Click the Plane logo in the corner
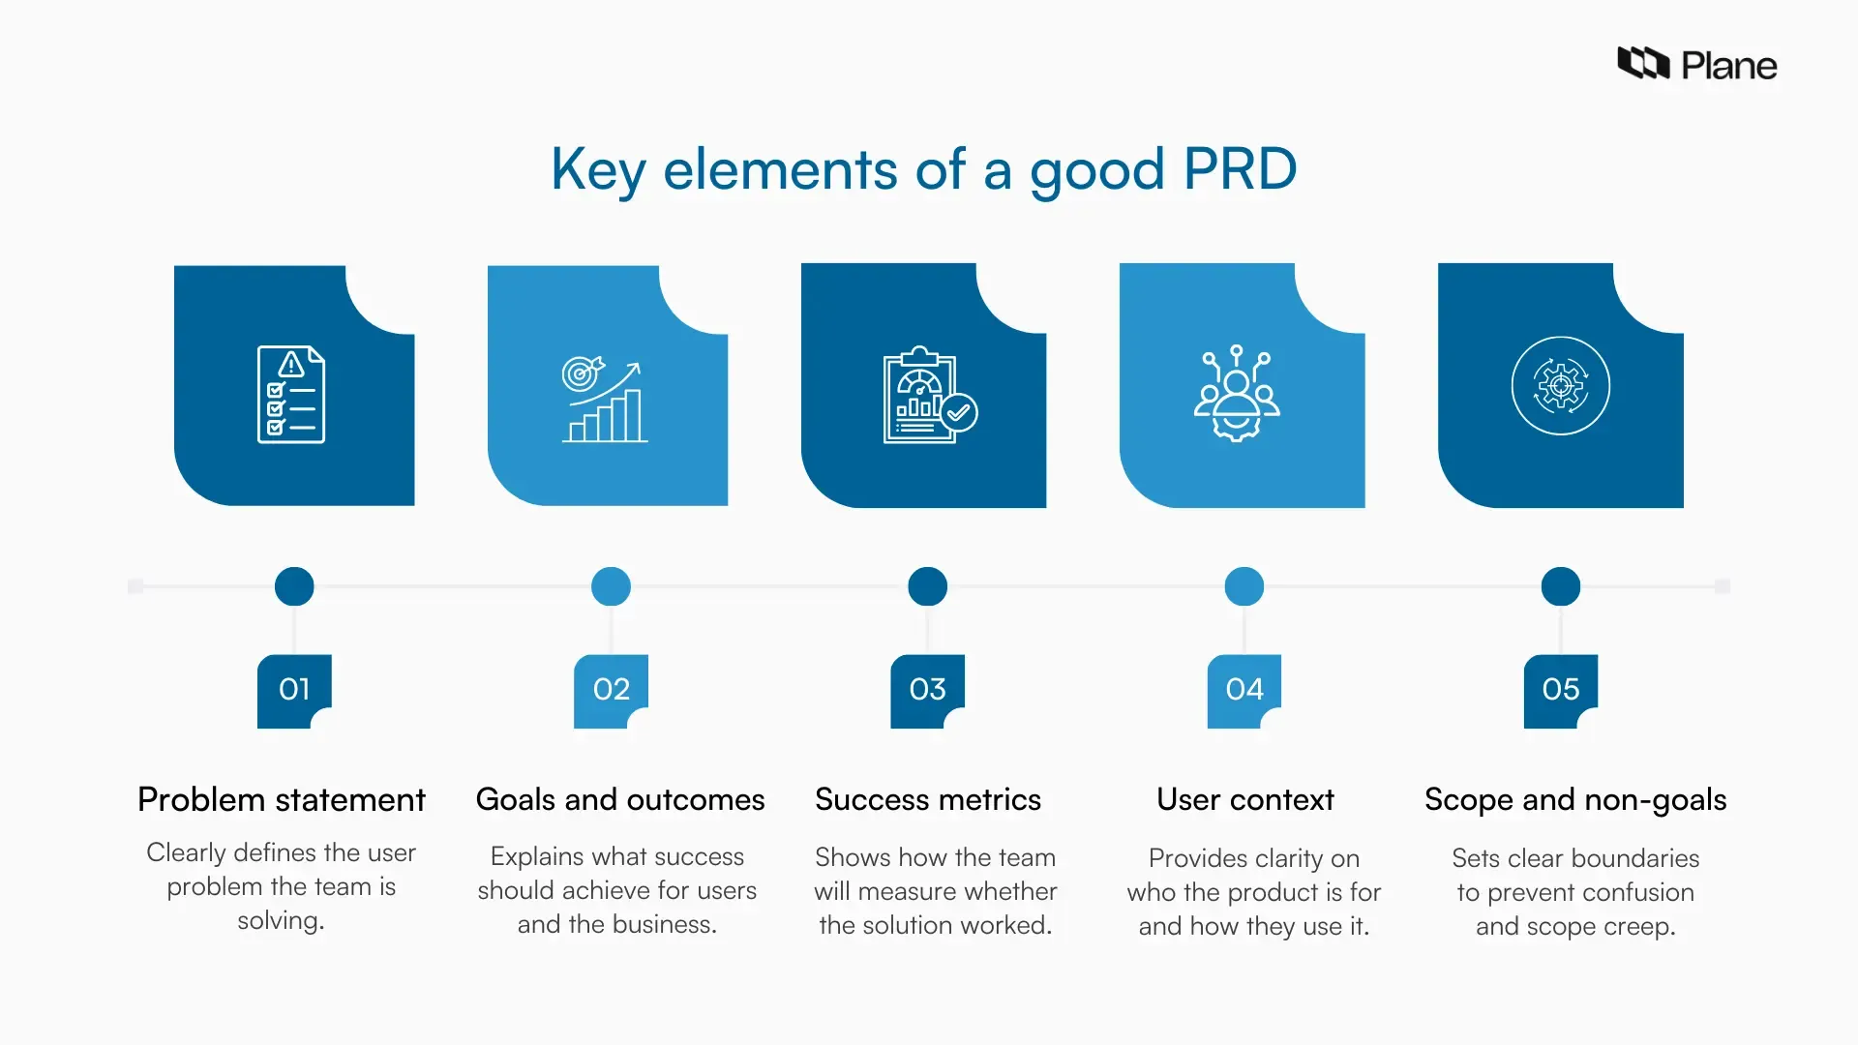click(1696, 64)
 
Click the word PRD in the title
click(1240, 169)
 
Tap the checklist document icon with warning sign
click(291, 395)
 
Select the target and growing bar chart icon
click(604, 400)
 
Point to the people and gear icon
click(1236, 393)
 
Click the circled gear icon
click(1560, 386)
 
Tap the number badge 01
click(294, 690)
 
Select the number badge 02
click(611, 690)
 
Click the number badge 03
click(927, 690)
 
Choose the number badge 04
click(1244, 690)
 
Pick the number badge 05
click(1560, 690)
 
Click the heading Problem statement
click(282, 800)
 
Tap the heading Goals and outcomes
click(620, 800)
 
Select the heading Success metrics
click(928, 800)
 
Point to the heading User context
click(1245, 800)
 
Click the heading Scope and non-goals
click(1575, 800)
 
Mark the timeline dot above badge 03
click(927, 586)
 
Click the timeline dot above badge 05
click(1560, 586)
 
